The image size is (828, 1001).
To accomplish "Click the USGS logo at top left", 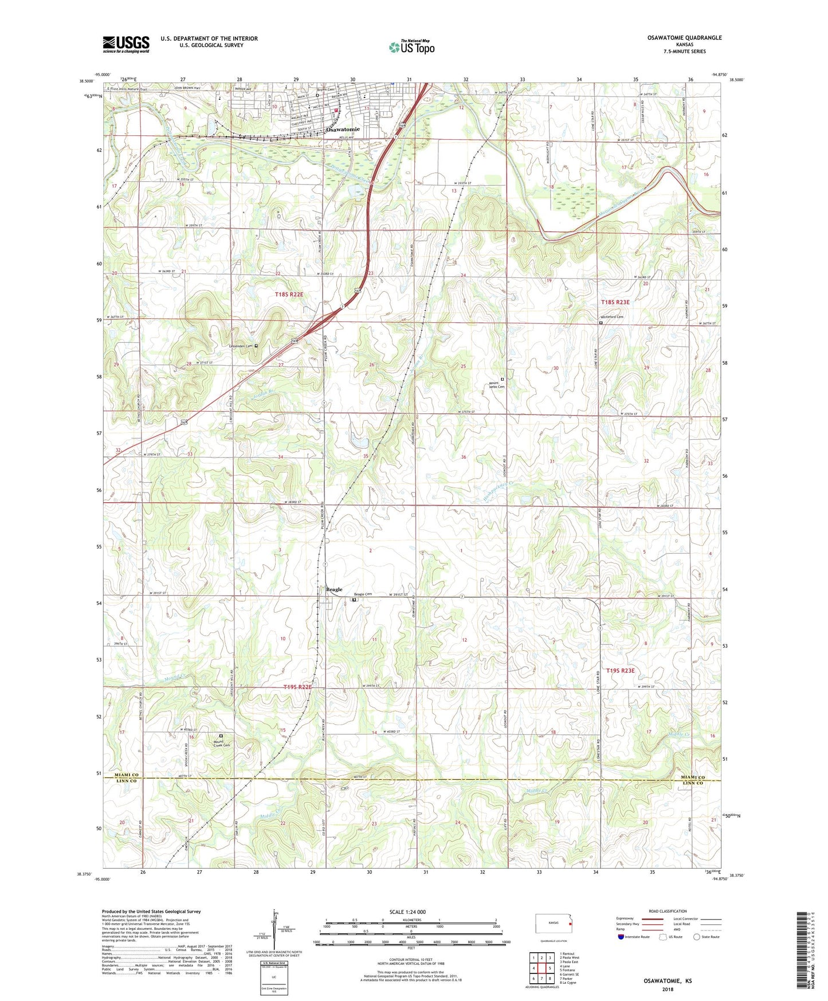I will point(126,44).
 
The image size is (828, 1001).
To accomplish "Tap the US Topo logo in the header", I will point(411,47).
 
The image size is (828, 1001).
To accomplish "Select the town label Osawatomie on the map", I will point(343,130).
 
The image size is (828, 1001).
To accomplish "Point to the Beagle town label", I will point(334,589).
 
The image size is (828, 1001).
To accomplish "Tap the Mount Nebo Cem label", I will point(497,384).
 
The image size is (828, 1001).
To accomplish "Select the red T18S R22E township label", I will point(289,294).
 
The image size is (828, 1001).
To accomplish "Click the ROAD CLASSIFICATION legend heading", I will point(668,911).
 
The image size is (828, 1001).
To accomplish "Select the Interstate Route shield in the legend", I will point(622,937).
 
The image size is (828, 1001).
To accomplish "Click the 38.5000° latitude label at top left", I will point(87,81).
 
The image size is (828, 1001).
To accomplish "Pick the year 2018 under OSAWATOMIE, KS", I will point(668,990).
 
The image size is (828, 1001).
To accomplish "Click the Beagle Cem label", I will point(363,595).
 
